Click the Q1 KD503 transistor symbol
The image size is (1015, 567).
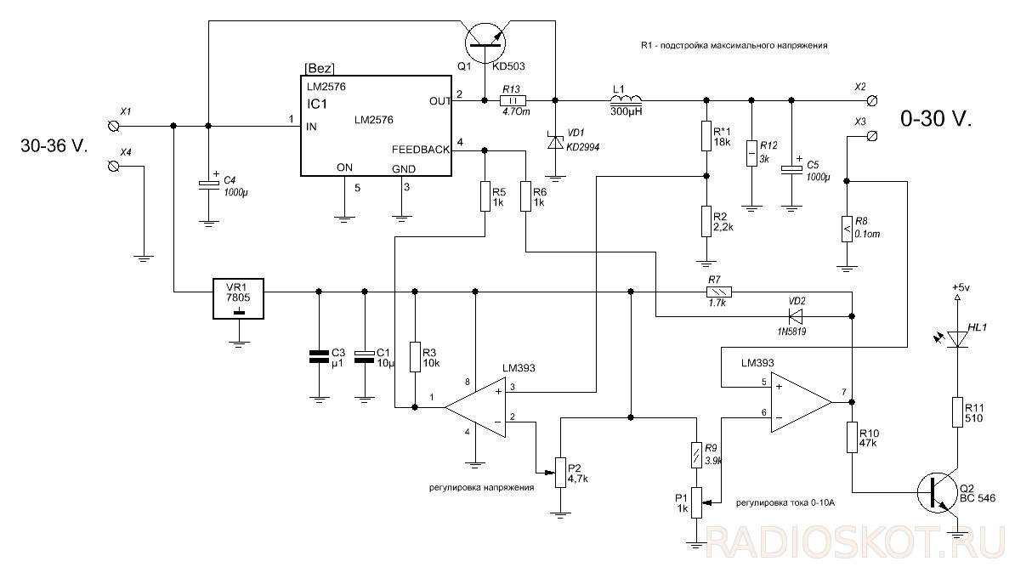[x=485, y=43]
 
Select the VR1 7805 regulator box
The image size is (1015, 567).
[x=238, y=298]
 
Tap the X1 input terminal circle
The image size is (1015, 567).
[x=113, y=126]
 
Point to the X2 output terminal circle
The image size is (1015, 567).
[x=871, y=100]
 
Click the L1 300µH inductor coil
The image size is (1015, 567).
[x=626, y=99]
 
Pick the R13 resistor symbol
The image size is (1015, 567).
[x=513, y=100]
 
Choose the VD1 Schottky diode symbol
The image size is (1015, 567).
[x=555, y=140]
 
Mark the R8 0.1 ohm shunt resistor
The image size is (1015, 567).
[x=846, y=229]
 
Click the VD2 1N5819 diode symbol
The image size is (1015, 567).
[x=795, y=316]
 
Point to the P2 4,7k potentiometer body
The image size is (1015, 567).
[x=560, y=474]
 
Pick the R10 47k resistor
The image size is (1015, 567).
[x=852, y=437]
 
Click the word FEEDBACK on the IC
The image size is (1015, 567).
[x=420, y=150]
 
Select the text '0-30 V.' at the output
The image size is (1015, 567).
[x=936, y=118]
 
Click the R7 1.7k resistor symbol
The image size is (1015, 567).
[x=718, y=292]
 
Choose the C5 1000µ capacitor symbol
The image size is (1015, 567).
[x=791, y=168]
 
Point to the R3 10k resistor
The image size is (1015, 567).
[x=416, y=357]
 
